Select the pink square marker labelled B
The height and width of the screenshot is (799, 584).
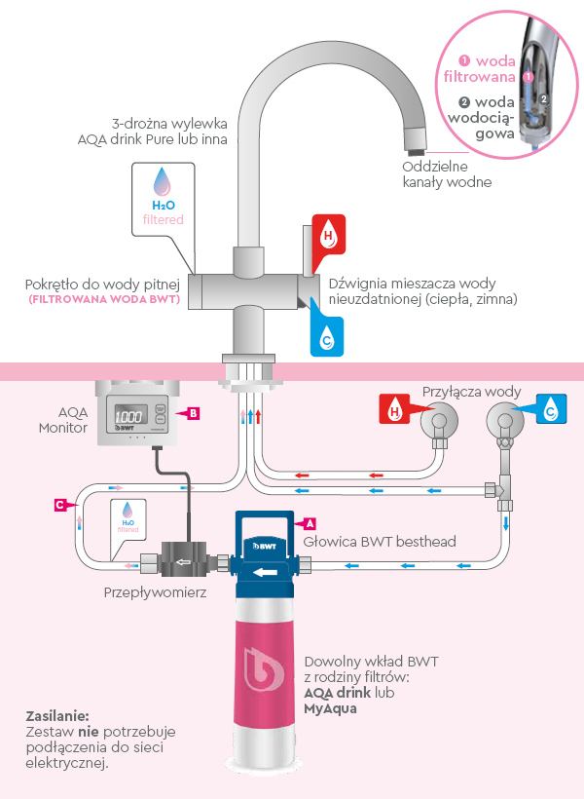point(194,413)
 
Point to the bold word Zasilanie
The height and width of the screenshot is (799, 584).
point(57,714)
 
